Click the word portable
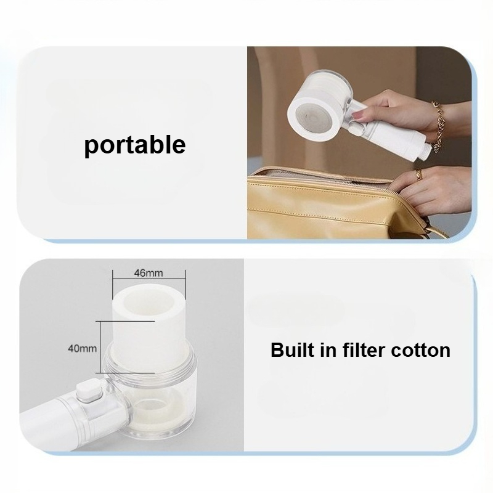[135, 145]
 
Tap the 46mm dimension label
[149, 273]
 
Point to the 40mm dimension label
[83, 348]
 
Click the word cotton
[420, 350]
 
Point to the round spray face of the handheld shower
[313, 117]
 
